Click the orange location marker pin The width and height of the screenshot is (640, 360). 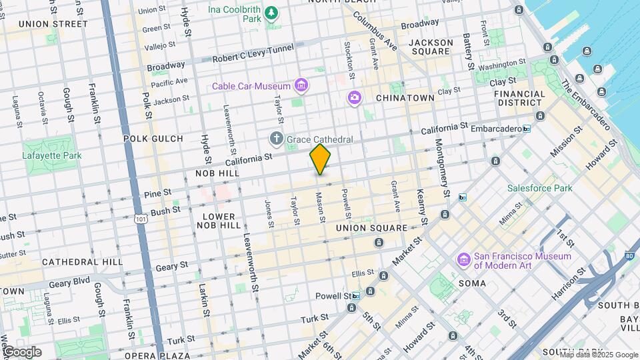pyautogui.click(x=320, y=159)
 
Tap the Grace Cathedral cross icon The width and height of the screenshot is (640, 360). pyautogui.click(x=277, y=139)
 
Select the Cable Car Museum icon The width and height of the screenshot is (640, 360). pyautogui.click(x=302, y=85)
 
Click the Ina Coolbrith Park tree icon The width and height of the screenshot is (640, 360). pyautogui.click(x=271, y=13)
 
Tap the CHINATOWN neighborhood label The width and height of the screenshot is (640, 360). pyautogui.click(x=405, y=98)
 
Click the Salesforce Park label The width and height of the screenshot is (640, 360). pyautogui.click(x=539, y=188)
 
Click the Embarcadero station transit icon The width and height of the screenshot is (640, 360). pyautogui.click(x=527, y=129)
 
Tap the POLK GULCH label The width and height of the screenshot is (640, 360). pyautogui.click(x=153, y=139)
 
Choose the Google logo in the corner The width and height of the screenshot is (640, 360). pyautogui.click(x=22, y=351)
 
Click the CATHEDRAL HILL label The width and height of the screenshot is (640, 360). pyautogui.click(x=82, y=262)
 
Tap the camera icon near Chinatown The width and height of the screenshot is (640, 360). pyautogui.click(x=354, y=98)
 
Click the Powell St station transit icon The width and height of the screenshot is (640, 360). pyautogui.click(x=356, y=295)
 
